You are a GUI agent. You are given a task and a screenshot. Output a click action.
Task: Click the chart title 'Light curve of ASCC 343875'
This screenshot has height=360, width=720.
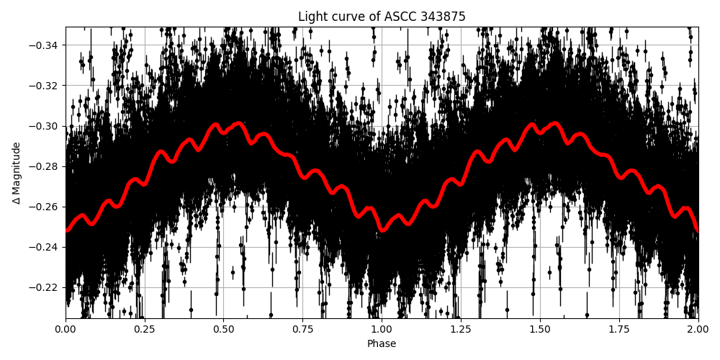[382, 17]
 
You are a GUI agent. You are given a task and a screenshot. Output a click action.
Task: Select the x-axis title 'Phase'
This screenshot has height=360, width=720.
[382, 344]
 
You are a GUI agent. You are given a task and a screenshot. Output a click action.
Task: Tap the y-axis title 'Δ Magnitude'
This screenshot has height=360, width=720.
[17, 173]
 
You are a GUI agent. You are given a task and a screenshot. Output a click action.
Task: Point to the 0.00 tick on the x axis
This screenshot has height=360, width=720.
[66, 329]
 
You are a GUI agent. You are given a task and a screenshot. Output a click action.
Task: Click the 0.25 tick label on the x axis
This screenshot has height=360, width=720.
[144, 329]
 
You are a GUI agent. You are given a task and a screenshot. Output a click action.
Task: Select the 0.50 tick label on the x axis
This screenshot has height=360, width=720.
[223, 329]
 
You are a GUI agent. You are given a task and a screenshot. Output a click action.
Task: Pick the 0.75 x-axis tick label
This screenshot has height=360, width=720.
[302, 329]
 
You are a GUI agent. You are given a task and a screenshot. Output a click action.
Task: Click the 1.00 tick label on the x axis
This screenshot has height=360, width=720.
[382, 329]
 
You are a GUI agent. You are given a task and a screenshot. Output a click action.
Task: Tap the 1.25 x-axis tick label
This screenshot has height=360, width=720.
[461, 329]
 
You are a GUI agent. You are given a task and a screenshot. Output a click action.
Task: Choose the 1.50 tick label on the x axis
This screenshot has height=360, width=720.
[540, 329]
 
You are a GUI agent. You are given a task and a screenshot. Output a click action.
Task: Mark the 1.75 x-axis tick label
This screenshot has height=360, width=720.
[619, 329]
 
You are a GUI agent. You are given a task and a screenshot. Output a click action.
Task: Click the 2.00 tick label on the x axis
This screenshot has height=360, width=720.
[698, 329]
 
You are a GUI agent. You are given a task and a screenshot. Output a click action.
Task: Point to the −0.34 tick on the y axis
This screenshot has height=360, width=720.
[45, 45]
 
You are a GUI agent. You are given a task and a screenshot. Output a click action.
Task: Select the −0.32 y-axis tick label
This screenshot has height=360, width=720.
[45, 86]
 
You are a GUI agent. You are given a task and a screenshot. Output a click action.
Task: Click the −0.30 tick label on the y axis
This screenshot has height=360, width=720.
[45, 126]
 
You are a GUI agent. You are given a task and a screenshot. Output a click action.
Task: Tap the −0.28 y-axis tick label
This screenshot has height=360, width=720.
[45, 166]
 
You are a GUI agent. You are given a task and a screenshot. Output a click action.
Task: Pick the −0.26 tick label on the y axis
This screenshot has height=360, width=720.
[45, 207]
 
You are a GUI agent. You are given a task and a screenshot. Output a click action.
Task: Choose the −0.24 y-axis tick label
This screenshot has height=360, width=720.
[45, 247]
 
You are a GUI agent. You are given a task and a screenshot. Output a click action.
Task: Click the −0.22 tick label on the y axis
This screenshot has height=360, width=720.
[45, 287]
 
